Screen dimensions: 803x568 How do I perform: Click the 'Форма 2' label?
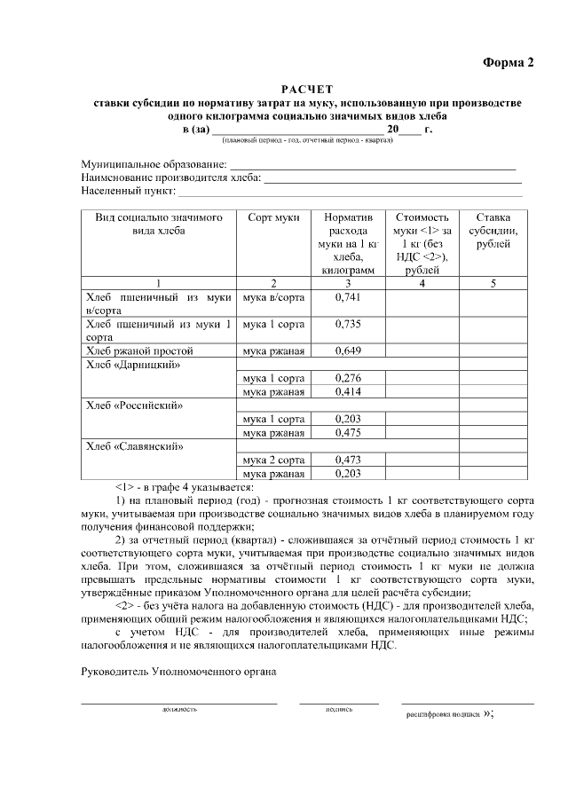[x=509, y=62]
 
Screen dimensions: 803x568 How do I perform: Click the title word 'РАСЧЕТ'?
[x=307, y=90]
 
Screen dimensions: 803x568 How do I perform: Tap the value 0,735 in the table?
[x=348, y=324]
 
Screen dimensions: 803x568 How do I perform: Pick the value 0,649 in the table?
[x=348, y=350]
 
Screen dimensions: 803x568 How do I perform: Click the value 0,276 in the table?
[x=348, y=378]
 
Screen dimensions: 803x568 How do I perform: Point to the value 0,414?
[x=348, y=391]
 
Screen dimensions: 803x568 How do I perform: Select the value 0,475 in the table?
[x=348, y=433]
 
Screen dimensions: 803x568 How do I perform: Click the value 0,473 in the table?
[x=348, y=461]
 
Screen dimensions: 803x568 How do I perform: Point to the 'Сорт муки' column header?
[x=273, y=217]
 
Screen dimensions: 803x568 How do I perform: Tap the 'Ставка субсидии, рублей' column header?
[x=493, y=231]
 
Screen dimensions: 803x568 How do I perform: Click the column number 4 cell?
[x=422, y=283]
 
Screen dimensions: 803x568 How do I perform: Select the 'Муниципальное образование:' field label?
[x=154, y=165]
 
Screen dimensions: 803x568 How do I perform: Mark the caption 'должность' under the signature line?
[x=179, y=710]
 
